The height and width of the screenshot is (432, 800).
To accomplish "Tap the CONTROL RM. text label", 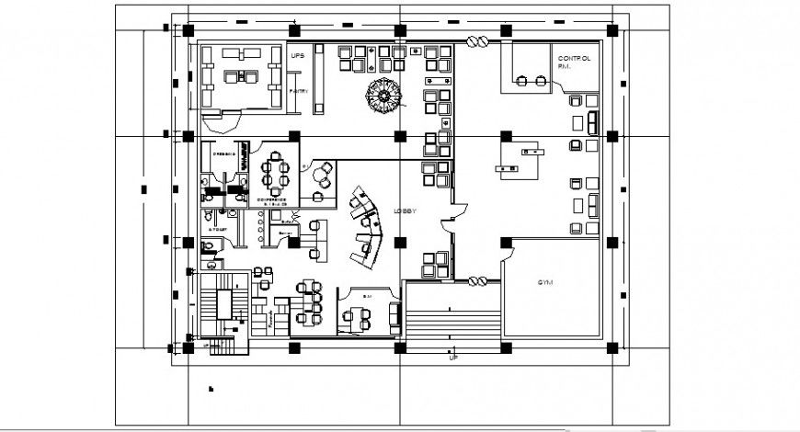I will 573,62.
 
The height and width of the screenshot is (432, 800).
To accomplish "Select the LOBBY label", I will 406,211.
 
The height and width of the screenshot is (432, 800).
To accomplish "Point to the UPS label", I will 297,57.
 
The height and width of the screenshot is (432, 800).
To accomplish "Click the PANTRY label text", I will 298,92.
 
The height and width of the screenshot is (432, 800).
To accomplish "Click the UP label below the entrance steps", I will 452,357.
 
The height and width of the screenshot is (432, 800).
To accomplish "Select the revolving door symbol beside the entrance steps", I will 477,281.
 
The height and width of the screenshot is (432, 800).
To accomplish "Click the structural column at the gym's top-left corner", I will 506,243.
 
